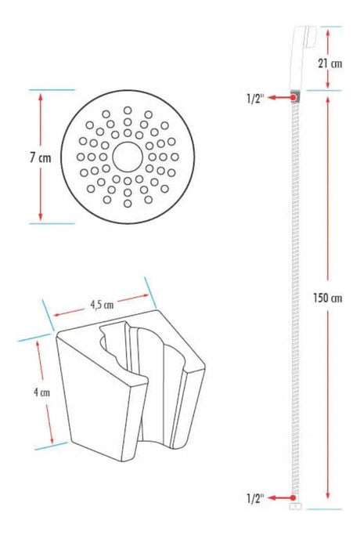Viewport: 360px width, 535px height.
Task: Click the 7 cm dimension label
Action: coord(41,157)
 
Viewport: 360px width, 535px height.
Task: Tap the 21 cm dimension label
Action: coord(330,63)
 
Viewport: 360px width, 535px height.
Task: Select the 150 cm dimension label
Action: coord(328,298)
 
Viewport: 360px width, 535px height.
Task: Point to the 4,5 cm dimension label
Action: coord(102,305)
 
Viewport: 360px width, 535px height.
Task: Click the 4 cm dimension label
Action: coord(41,392)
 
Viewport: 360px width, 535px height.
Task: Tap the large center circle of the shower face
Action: coord(128,157)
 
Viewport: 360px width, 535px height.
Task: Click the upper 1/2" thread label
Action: coord(255,99)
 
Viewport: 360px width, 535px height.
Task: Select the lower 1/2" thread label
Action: coord(255,498)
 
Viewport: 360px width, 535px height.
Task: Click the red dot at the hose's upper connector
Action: coord(293,98)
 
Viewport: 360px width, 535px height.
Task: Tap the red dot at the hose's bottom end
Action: coord(293,498)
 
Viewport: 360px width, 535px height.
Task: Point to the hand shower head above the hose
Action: coord(302,57)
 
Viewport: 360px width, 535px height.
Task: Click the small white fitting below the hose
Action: coord(296,506)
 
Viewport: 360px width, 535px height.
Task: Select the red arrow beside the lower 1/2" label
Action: coord(279,498)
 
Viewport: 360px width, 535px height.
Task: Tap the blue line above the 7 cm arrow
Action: coord(52,90)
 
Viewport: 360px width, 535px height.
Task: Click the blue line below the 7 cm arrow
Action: coord(52,224)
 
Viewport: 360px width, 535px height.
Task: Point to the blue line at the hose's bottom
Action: coord(324,509)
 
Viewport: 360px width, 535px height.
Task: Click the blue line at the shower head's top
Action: coord(331,27)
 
